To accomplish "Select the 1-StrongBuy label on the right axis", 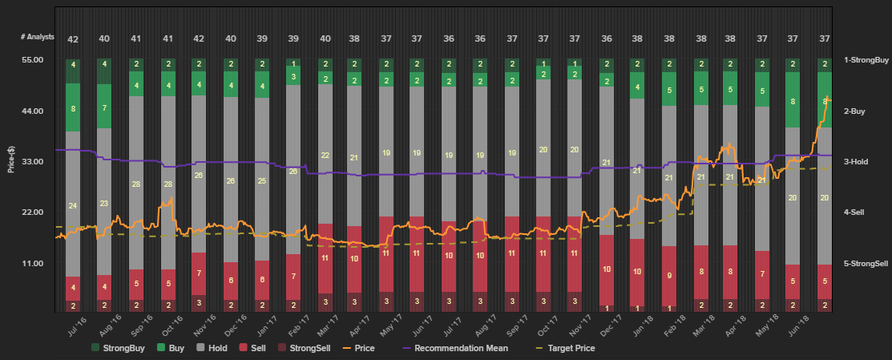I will click(x=866, y=60).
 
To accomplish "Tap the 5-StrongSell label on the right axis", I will click(x=866, y=263).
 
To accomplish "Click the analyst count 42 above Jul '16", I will click(x=73, y=39).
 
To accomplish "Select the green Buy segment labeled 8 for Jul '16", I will click(x=73, y=107).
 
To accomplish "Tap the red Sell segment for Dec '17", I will click(x=607, y=269).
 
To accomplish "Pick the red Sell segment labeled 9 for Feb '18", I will click(x=669, y=275).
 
